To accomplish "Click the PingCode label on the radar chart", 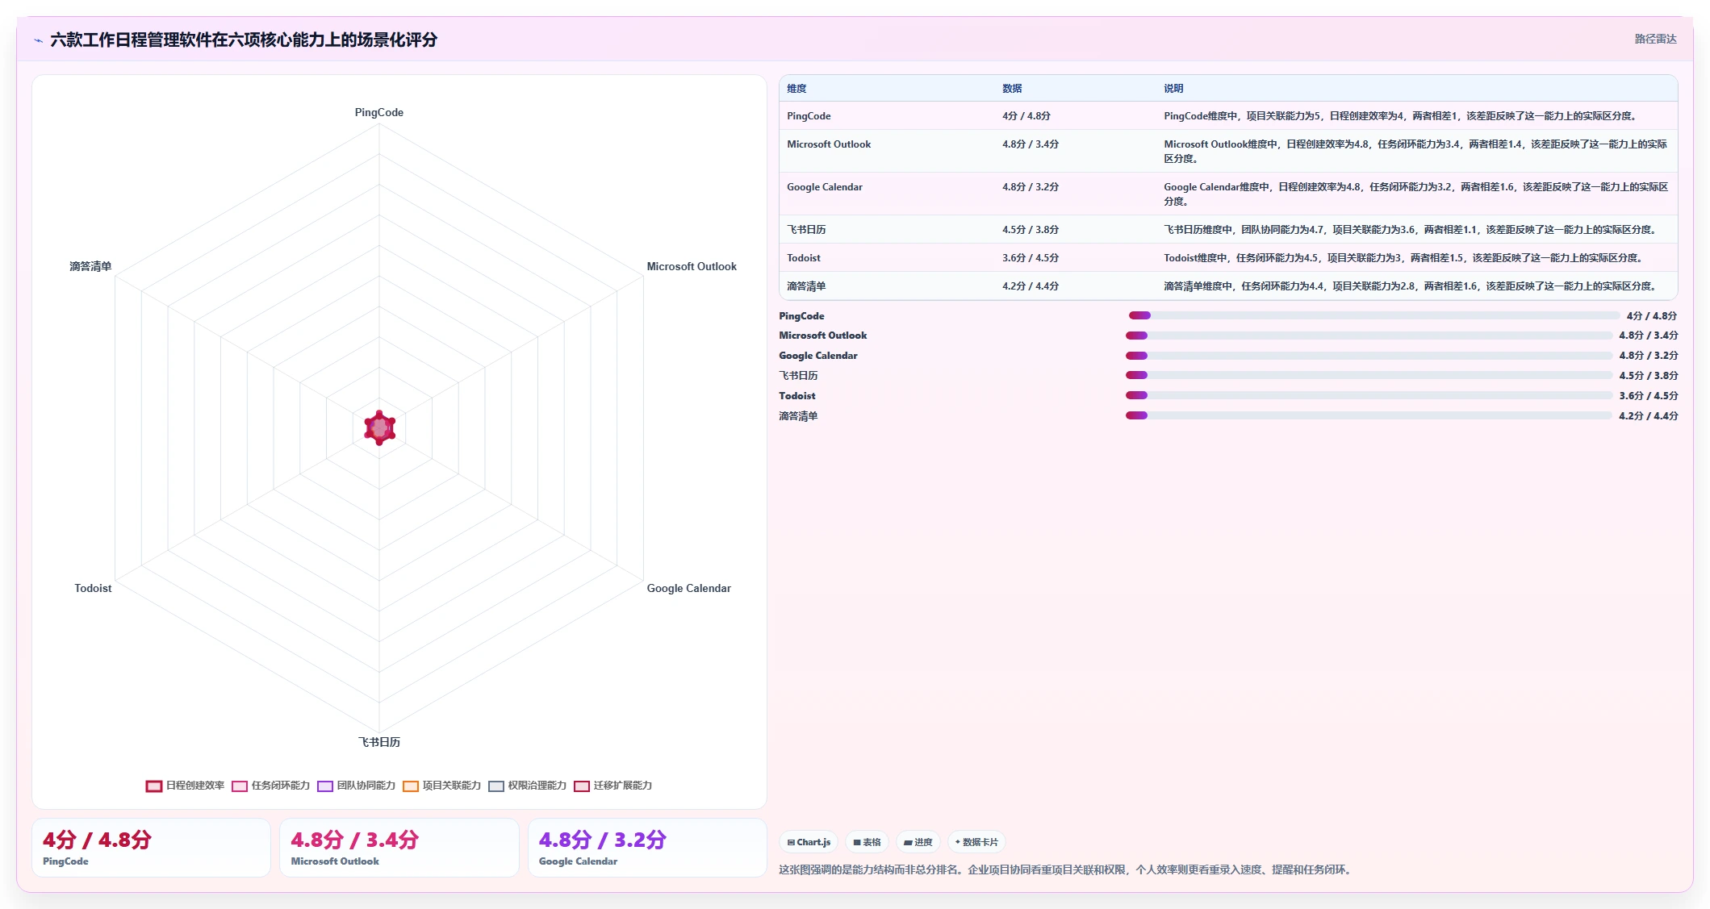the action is point(378,112).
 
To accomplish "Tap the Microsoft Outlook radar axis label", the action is point(692,266).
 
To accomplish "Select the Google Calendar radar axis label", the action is point(688,588).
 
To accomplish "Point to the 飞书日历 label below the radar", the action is point(378,742).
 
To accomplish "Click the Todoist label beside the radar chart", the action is point(93,588).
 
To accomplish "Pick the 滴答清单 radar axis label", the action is point(90,266).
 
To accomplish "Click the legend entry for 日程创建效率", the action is point(185,786).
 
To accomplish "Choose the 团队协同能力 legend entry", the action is point(356,786).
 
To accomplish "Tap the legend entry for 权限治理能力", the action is point(527,786).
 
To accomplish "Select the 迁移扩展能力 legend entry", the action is point(613,786).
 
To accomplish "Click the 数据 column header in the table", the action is point(1012,89).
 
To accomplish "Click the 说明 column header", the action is point(1173,89).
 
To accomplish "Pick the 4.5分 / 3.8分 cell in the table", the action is point(1031,230).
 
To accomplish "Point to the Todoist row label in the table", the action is point(803,258).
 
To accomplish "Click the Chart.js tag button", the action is point(809,842).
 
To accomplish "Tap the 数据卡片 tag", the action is point(976,842).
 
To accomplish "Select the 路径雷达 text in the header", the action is point(1655,39).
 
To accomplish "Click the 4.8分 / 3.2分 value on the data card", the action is point(602,840).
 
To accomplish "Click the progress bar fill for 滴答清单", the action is point(1136,415).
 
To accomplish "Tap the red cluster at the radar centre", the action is point(379,427).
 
